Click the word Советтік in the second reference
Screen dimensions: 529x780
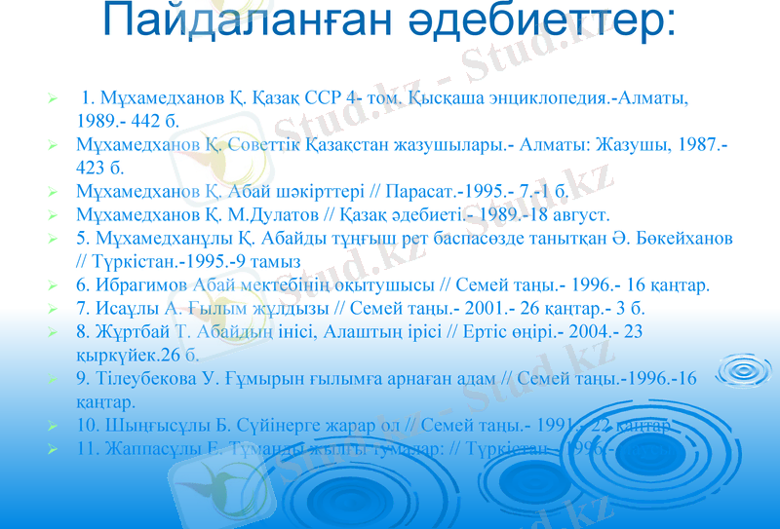pos(270,144)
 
